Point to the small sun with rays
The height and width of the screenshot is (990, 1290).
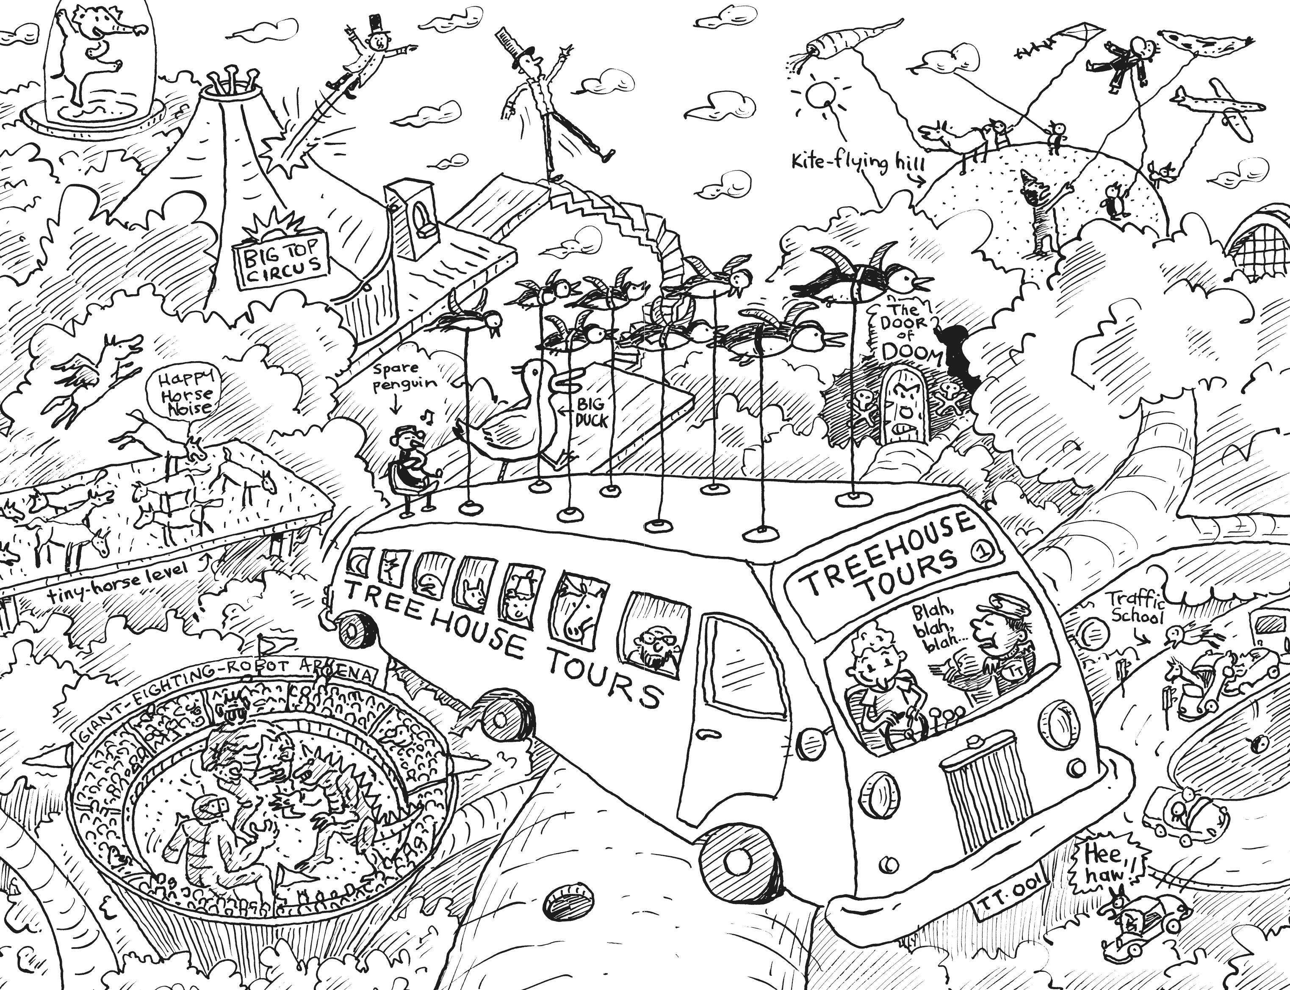(818, 94)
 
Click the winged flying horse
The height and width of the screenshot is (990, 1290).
(97, 377)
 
